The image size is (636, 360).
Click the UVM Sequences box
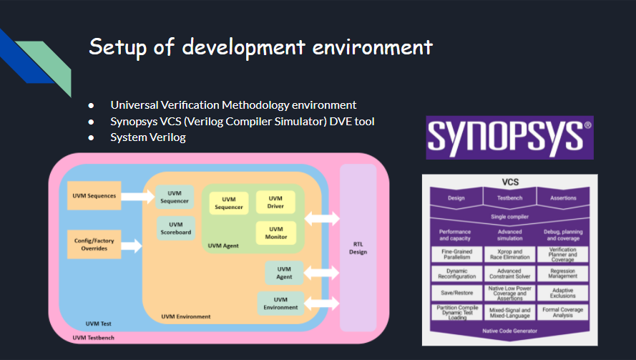94,195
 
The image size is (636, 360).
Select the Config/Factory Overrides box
94,244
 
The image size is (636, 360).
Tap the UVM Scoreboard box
176,228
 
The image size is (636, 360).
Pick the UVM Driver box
275,202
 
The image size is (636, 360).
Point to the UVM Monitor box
276,233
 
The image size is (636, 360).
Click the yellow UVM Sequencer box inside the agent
229,203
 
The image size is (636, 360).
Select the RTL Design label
358,248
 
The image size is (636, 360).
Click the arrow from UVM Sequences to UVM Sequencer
138,196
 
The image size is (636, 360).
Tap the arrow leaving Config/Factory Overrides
132,245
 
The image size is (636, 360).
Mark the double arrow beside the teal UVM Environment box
322,303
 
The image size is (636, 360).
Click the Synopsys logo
510,137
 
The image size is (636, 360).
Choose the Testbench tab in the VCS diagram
510,198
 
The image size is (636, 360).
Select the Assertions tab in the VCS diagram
563,198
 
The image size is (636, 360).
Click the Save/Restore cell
457,293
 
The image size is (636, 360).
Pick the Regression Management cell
563,273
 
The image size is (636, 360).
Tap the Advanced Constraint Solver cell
510,273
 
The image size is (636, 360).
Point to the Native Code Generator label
510,331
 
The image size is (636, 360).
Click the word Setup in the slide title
118,47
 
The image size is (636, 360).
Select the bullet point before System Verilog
91,138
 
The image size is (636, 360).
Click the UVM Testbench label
93,338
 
